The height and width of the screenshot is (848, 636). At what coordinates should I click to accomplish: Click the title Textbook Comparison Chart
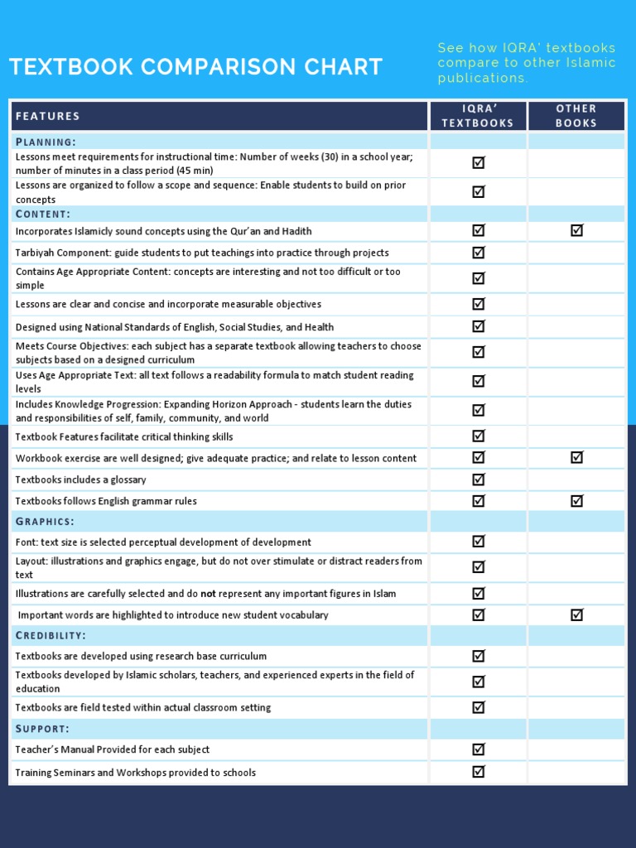point(195,67)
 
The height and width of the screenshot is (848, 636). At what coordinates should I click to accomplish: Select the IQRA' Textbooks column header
point(478,116)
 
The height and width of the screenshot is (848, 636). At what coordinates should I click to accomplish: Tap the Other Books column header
point(576,116)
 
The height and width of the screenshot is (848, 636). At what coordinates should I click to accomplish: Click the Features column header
point(48,116)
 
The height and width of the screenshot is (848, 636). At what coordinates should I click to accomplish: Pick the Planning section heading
point(46,142)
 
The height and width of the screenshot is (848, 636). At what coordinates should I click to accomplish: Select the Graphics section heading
point(45,521)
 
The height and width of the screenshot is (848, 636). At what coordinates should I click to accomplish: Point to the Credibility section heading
point(51,635)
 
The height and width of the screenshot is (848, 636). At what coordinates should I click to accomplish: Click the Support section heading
point(42,729)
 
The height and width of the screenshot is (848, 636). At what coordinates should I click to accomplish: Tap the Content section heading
point(43,214)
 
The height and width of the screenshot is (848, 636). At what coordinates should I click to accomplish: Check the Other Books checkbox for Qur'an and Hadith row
point(576,230)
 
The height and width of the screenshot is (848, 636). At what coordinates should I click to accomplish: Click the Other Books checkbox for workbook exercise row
point(576,457)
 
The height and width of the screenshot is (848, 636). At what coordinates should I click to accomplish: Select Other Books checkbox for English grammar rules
point(576,500)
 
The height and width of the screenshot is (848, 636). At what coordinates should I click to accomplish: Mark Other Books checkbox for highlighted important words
point(576,614)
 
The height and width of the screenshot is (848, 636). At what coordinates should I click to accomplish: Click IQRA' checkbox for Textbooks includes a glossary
point(478,479)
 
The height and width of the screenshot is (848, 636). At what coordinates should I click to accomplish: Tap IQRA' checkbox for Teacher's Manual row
point(478,749)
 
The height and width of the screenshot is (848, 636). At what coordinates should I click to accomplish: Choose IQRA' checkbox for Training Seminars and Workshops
point(478,772)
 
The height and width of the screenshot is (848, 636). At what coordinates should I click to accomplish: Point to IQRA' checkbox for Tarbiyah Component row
point(478,252)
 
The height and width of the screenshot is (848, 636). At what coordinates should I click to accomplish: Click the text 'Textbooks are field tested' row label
point(142,708)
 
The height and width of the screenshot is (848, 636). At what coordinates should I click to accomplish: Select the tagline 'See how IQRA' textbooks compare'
point(527,63)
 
